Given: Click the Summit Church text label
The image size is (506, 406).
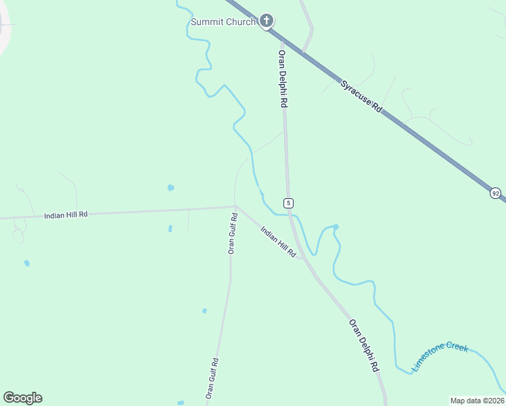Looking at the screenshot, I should (x=223, y=22).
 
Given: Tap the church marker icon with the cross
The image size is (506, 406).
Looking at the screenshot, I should (x=267, y=21).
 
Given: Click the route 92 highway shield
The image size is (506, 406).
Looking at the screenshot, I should (x=496, y=194).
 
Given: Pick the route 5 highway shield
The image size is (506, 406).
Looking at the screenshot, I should (x=288, y=202).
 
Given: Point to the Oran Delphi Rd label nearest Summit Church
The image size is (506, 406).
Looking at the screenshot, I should (x=283, y=78).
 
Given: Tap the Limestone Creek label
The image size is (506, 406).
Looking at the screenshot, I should (x=440, y=357).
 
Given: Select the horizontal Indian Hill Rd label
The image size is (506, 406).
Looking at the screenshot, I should (x=66, y=215).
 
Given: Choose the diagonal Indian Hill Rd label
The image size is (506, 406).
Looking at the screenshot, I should (x=279, y=241).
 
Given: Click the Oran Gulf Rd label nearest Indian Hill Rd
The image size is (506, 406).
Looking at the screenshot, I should (x=232, y=233).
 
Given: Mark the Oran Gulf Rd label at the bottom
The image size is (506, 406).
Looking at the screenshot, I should (x=212, y=378).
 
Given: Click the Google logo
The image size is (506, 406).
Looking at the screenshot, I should (x=22, y=398).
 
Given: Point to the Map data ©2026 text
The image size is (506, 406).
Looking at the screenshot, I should (x=478, y=400).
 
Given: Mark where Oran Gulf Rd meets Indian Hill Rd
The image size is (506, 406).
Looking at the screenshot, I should (x=234, y=206).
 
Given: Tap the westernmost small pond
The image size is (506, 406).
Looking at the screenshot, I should (x=26, y=263).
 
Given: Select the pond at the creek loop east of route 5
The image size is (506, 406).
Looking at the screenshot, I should (x=336, y=227).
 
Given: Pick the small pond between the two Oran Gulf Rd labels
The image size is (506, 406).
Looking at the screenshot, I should (x=204, y=311).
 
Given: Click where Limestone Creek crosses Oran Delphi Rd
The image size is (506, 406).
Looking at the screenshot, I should (x=292, y=215).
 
